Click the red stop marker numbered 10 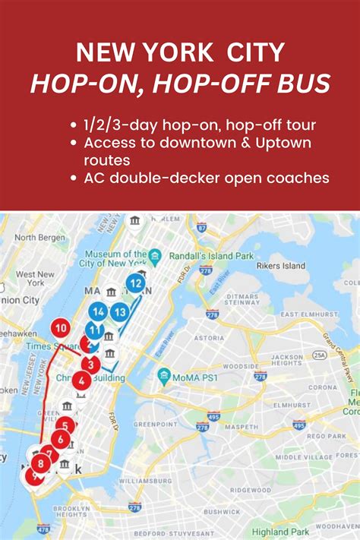(62, 328)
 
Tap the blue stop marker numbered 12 (136, 284)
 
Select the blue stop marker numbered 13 (119, 311)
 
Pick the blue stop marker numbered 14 (97, 311)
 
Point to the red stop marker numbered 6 (61, 439)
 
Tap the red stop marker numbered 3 (91, 365)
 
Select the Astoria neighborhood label (209, 337)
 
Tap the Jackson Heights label (287, 361)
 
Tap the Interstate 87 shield (201, 227)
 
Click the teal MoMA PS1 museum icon (164, 375)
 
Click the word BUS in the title (303, 83)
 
